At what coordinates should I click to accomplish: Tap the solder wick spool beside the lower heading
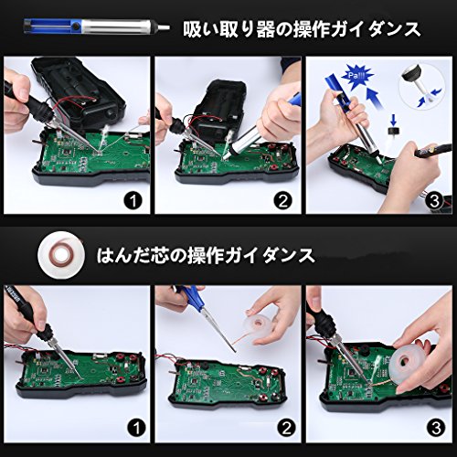point(61,254)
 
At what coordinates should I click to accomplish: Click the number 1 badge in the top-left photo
point(133,201)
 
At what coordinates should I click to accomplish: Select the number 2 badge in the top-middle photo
point(282,201)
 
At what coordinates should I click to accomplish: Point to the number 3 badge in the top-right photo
point(434,201)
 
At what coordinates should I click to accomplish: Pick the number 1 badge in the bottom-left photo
point(136,429)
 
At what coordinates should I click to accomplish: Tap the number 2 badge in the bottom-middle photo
point(286,429)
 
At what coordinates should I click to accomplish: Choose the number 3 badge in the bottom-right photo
point(436,429)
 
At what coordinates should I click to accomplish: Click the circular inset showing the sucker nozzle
point(420,87)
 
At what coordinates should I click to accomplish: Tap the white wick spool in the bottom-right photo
point(410,364)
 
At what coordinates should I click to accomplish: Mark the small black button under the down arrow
point(393,131)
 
